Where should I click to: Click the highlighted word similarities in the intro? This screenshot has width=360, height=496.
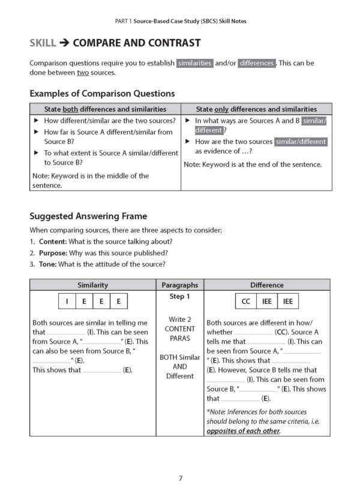click(x=194, y=63)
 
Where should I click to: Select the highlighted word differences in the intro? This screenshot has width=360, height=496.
click(x=256, y=63)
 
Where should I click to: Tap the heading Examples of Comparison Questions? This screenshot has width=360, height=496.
click(x=102, y=94)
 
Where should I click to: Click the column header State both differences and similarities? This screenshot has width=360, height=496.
click(x=105, y=109)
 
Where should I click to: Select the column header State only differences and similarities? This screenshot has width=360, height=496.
click(x=256, y=109)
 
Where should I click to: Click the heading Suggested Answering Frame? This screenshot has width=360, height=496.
click(x=88, y=216)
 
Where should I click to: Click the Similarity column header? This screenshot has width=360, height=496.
click(x=93, y=285)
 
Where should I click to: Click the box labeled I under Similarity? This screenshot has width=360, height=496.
click(x=67, y=301)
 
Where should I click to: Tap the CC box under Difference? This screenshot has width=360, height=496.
click(x=245, y=301)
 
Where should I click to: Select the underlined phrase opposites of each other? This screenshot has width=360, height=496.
click(x=243, y=431)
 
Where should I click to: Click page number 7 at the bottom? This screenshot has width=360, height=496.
click(x=180, y=478)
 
